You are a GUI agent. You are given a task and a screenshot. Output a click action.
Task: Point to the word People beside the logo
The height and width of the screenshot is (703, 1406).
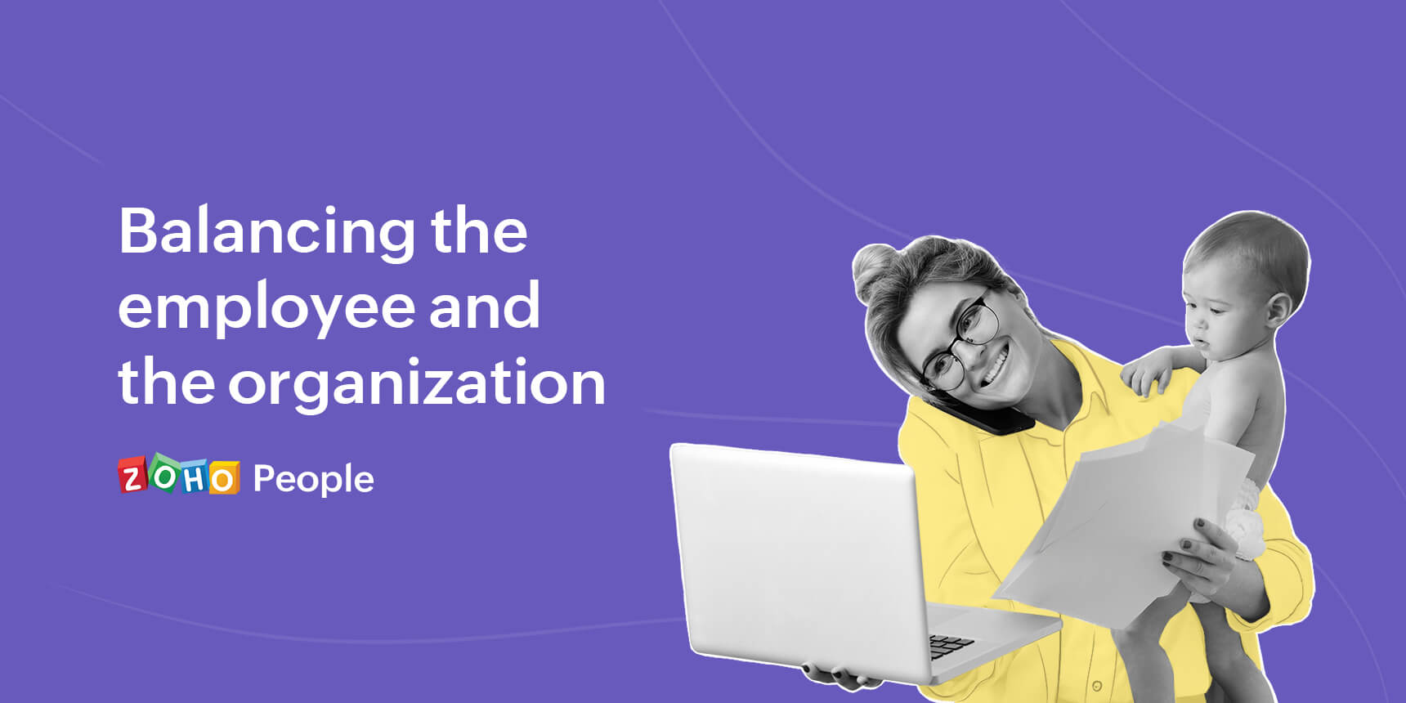click(x=313, y=479)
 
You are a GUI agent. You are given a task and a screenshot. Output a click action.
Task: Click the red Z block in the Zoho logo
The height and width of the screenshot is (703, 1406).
click(x=132, y=476)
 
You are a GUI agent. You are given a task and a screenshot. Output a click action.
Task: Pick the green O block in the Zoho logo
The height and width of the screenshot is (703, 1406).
click(x=163, y=475)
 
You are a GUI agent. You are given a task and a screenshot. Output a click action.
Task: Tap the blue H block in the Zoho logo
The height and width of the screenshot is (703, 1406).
click(x=194, y=477)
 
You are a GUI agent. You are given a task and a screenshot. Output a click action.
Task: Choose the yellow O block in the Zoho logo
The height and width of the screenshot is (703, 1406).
click(x=222, y=478)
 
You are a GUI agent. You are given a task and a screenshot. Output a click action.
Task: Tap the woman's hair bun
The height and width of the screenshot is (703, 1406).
click(x=874, y=270)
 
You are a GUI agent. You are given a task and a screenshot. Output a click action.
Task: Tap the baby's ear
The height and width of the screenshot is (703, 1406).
click(x=1278, y=311)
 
